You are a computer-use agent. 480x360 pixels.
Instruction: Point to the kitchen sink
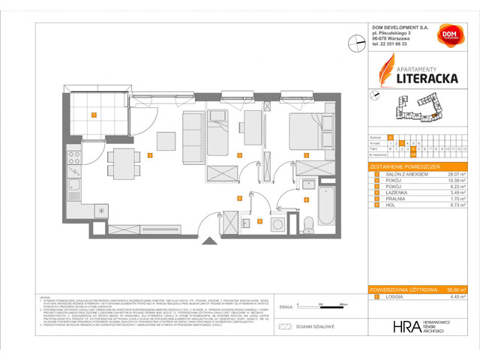click(74, 186)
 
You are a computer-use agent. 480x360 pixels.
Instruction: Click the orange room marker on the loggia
click(93, 115)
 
